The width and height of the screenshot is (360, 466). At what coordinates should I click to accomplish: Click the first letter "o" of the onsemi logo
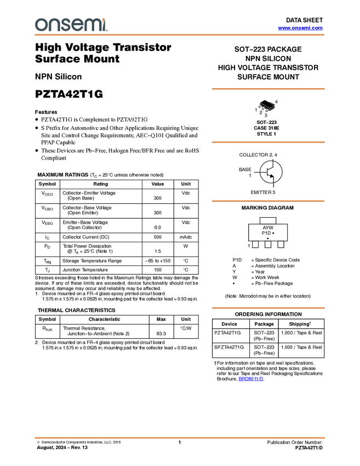coord(40,25)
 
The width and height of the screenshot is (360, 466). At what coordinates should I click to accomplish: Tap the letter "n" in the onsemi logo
coord(53,25)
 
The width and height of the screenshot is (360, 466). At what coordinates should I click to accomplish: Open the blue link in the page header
coord(300,28)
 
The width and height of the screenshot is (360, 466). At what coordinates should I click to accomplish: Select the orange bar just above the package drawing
coord(268,88)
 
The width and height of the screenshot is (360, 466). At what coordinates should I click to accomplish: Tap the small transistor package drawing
coord(266,107)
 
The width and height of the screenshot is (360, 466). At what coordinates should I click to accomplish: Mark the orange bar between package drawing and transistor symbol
coord(268,142)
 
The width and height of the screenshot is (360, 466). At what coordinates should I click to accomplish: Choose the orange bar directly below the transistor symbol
coord(268,201)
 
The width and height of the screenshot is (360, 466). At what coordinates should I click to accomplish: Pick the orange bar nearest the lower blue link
coord(268,308)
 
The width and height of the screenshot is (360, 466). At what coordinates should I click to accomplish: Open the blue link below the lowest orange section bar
coord(251,379)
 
